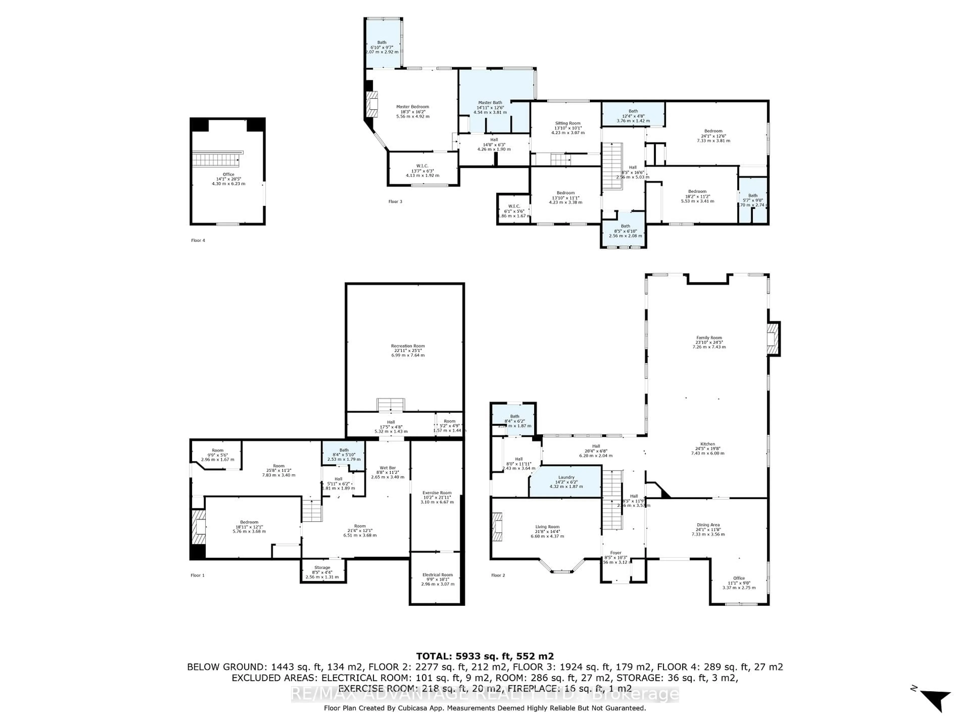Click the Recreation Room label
pos(408,350)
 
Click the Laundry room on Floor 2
pos(566,481)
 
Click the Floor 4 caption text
pos(198,240)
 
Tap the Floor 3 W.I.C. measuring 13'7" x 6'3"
pos(422,170)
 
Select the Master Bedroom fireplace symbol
pos(372,104)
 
